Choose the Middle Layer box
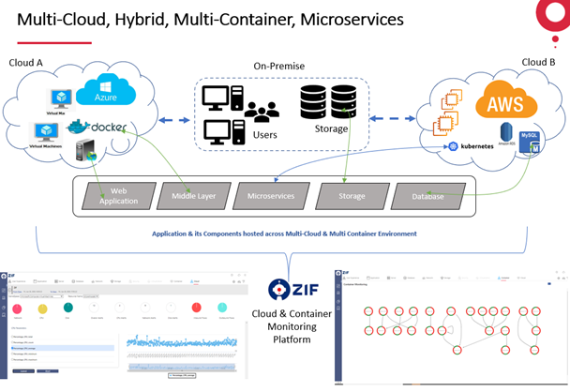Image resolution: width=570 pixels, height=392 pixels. click(194, 195)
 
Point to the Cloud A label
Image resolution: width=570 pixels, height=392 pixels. click(27, 62)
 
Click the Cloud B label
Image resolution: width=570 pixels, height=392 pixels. click(538, 62)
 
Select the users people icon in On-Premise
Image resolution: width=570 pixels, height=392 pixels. click(262, 113)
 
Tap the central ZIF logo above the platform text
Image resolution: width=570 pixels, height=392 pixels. click(285, 289)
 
